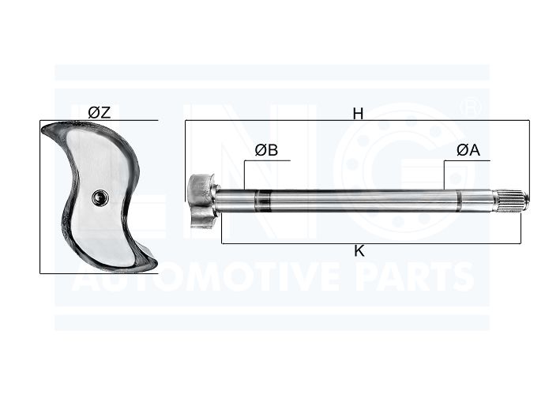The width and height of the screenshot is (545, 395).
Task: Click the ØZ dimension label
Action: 99,112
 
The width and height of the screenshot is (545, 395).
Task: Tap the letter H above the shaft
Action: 358,113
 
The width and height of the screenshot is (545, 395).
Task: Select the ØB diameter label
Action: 266,150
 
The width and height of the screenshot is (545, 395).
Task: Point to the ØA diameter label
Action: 468,150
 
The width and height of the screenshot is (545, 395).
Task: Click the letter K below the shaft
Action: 359,250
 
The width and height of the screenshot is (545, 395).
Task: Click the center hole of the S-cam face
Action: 100,197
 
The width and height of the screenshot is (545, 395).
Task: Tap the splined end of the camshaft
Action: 512,201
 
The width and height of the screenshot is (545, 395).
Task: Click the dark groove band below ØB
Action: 263,201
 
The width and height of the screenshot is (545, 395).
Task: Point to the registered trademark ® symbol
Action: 470,107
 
